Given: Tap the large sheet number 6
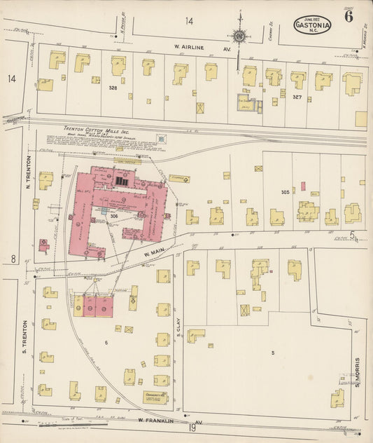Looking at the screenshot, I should point(349,18).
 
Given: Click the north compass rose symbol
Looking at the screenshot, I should point(239,34).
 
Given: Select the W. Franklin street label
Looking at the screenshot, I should point(169,421).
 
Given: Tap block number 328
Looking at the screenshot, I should point(113,89).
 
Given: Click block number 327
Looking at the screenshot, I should point(297,97).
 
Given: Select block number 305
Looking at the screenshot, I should point(285,191).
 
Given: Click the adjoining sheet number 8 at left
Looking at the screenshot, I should point(13,259).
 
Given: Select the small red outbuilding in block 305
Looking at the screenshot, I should point(303,185).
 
